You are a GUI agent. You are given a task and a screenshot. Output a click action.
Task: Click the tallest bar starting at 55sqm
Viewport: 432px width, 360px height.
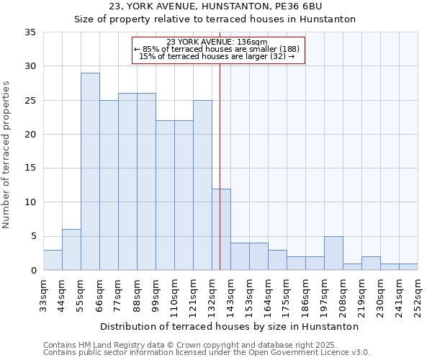[90, 171]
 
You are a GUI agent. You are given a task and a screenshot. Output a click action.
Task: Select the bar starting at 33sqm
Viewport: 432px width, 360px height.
[53, 260]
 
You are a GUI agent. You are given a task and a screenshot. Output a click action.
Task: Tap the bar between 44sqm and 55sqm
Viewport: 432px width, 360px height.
[71, 250]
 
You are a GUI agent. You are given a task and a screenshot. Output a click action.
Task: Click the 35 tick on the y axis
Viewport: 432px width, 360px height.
[30, 32]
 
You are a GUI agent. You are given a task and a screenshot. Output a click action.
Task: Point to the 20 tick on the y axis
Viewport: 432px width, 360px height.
[30, 135]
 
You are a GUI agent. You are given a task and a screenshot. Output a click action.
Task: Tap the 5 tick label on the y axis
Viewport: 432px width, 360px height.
[32, 237]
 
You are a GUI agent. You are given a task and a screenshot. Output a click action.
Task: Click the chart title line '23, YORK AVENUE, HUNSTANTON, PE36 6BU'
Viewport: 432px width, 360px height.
[216, 6]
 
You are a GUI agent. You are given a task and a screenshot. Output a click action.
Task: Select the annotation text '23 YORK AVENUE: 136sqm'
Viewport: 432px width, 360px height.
[217, 42]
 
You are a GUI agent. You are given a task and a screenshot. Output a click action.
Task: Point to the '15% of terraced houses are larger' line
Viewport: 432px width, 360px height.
[217, 56]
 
